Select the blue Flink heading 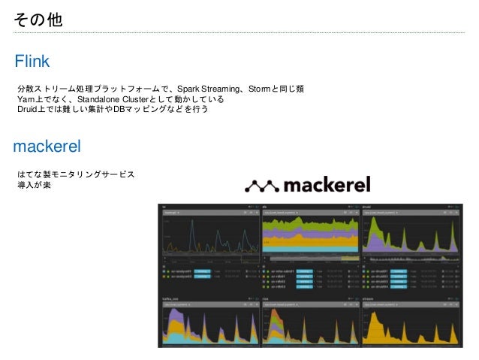(x=32, y=60)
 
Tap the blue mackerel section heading (x=47, y=144)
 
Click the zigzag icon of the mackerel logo (x=262, y=185)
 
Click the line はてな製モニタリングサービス (x=76, y=174)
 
